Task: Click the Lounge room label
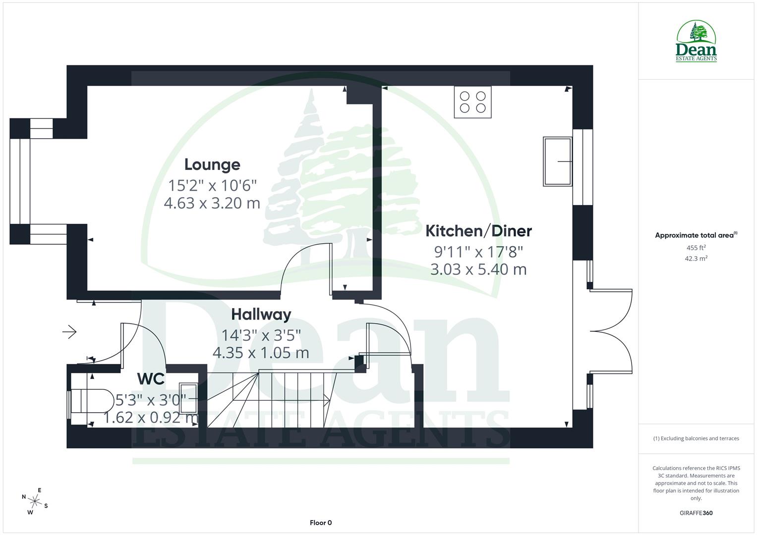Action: [212, 164]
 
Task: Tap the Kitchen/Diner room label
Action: [478, 231]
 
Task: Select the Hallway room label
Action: [261, 315]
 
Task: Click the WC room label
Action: [151, 379]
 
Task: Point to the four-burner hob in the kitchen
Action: [472, 102]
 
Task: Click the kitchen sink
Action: [557, 161]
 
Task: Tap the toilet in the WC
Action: [90, 401]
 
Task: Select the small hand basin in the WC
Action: [188, 398]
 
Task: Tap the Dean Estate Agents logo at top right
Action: [696, 42]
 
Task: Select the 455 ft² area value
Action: [696, 248]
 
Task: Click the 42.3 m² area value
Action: [696, 259]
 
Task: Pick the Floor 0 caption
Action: [321, 523]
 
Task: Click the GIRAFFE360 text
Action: [696, 513]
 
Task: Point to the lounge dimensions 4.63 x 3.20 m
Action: [212, 203]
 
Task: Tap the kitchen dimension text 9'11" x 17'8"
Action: [478, 252]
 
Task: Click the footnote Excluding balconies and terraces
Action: [696, 438]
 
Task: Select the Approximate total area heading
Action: [695, 235]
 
